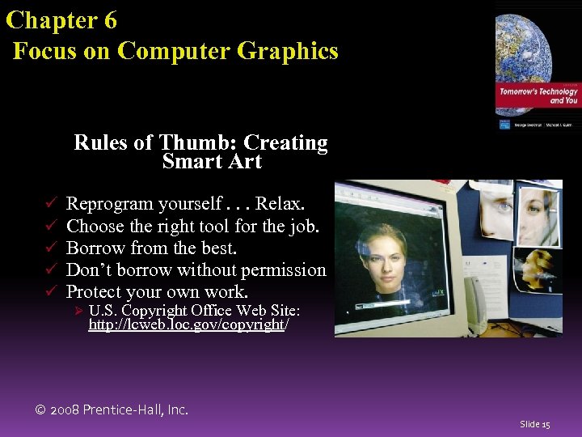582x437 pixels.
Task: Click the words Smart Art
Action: (212, 162)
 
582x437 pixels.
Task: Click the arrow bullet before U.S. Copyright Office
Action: (79, 312)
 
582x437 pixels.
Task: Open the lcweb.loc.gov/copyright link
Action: (188, 325)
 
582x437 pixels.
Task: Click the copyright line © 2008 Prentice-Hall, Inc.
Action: (112, 409)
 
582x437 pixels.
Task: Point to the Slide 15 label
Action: (534, 424)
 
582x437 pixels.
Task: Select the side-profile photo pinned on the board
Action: (496, 206)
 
